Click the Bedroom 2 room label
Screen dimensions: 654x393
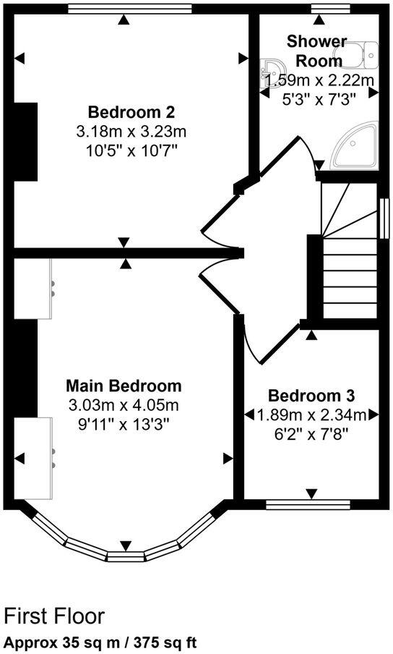[131, 113]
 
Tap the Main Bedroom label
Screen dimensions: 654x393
[124, 385]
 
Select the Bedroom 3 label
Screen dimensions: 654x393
[311, 396]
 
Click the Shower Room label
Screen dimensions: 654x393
[316, 50]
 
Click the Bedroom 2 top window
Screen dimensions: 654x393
[130, 9]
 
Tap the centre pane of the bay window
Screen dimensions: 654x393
[126, 556]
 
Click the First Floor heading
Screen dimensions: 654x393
[54, 616]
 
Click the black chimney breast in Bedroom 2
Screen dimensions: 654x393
[25, 142]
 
